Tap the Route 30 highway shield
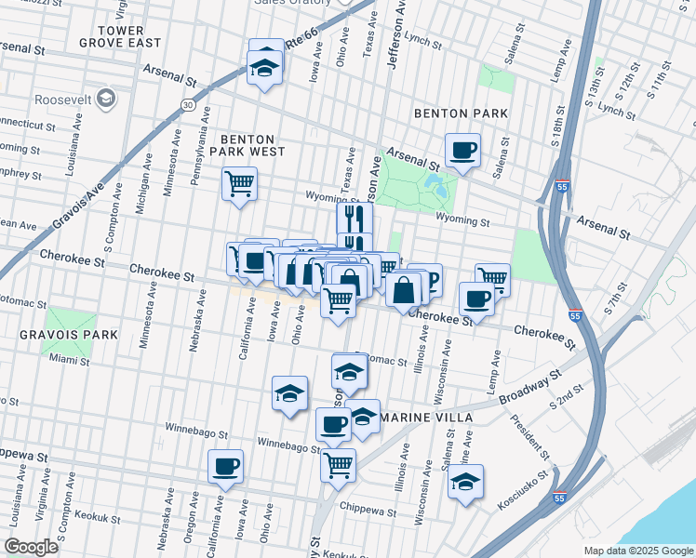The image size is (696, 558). click(188, 105)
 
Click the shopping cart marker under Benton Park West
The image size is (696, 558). click(239, 182)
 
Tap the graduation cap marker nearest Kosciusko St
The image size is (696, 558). click(465, 482)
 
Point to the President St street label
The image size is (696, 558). click(531, 437)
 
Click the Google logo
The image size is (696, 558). click(31, 547)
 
